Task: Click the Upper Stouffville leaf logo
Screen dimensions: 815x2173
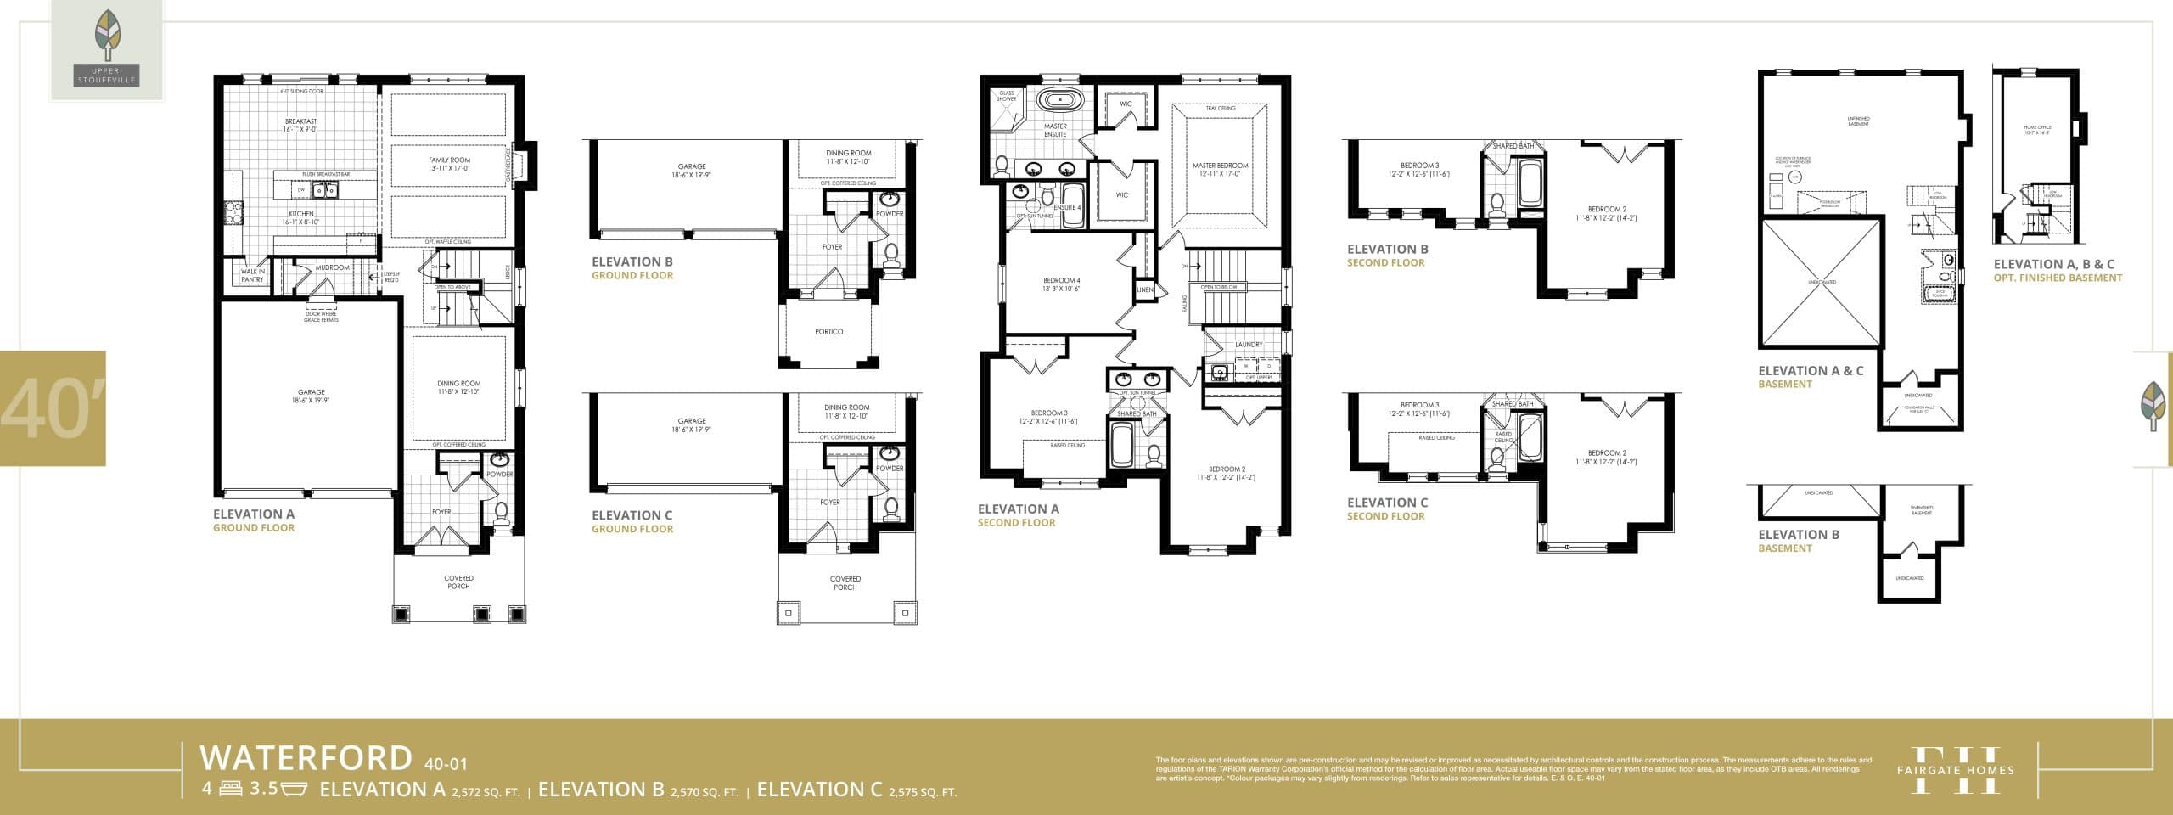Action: pos(107,49)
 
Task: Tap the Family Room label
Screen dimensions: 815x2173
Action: pos(448,164)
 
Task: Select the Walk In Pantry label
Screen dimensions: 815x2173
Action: pos(252,275)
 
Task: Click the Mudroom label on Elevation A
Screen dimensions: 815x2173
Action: pos(332,267)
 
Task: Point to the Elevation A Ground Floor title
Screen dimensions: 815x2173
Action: pos(254,520)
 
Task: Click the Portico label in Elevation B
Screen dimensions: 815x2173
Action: pos(828,332)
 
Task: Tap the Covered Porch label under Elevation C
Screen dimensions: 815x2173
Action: pos(845,582)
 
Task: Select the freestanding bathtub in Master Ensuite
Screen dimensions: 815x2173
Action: pos(1060,100)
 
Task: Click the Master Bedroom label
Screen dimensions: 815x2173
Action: pos(1220,170)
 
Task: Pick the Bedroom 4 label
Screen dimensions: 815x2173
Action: pos(1061,284)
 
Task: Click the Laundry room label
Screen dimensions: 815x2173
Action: pos(1249,345)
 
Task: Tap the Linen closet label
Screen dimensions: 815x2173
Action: pos(1145,290)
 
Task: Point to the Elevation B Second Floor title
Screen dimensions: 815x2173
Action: pos(1387,256)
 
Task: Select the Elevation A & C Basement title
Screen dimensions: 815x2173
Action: pos(1811,377)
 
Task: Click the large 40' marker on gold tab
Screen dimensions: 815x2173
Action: pos(53,408)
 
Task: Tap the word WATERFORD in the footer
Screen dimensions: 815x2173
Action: pos(306,757)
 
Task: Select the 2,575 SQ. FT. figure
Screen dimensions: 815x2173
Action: pos(922,793)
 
